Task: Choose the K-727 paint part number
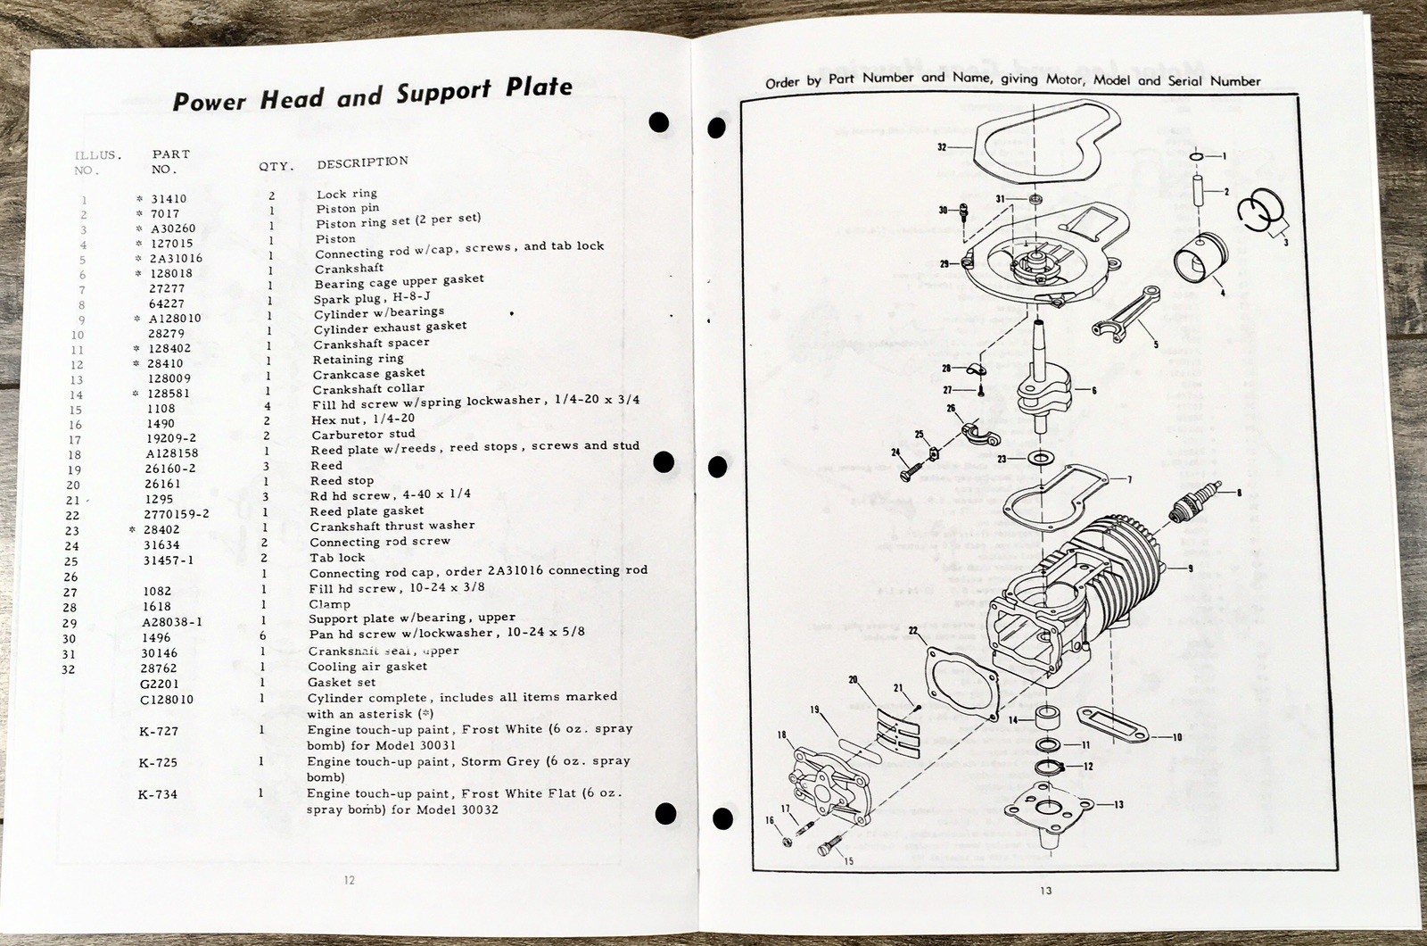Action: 158,731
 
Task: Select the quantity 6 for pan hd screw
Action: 265,636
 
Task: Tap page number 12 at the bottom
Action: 349,880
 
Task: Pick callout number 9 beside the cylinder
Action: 1190,568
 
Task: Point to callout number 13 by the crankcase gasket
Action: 1118,804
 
